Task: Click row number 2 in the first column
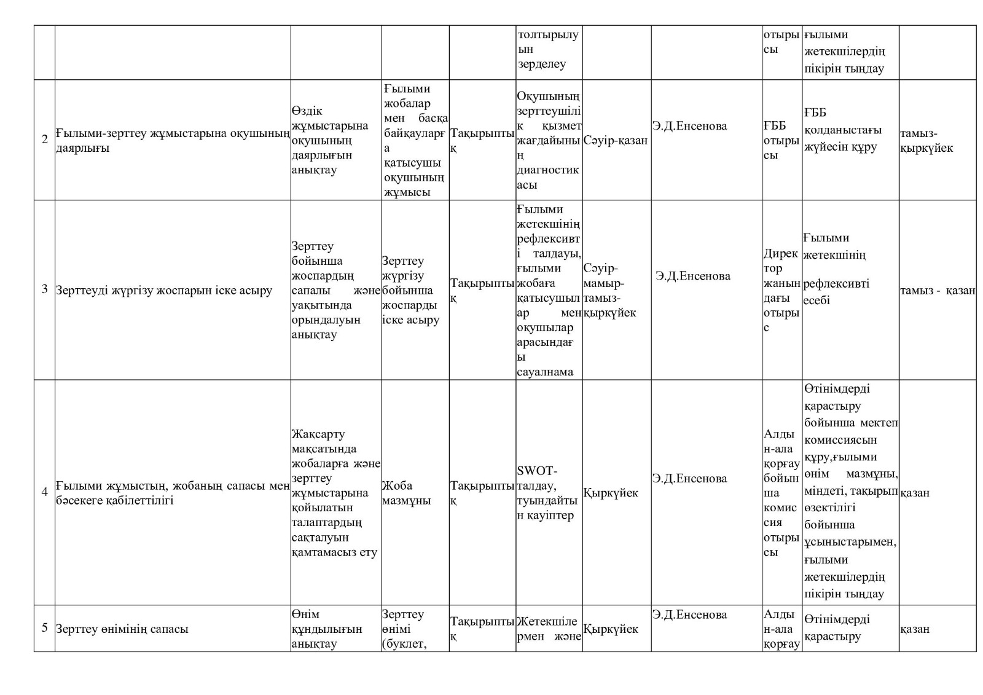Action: point(44,139)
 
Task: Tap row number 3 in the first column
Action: point(44,289)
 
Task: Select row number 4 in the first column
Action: point(44,492)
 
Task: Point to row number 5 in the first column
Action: point(44,627)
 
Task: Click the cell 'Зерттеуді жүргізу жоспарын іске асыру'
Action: point(164,290)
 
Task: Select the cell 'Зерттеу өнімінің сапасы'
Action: point(122,629)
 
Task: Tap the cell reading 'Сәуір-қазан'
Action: point(615,141)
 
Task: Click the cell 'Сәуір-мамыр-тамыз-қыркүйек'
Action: point(609,291)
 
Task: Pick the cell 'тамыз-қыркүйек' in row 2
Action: point(926,141)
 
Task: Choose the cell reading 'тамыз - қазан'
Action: point(938,291)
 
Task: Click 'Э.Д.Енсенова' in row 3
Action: point(692,276)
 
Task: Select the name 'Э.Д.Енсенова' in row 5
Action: point(689,615)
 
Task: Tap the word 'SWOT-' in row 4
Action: point(537,471)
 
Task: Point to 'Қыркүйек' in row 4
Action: point(610,493)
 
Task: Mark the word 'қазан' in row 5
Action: point(915,629)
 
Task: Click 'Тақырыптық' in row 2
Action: point(482,140)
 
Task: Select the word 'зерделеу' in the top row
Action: point(541,64)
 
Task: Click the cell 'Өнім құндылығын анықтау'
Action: point(327,629)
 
